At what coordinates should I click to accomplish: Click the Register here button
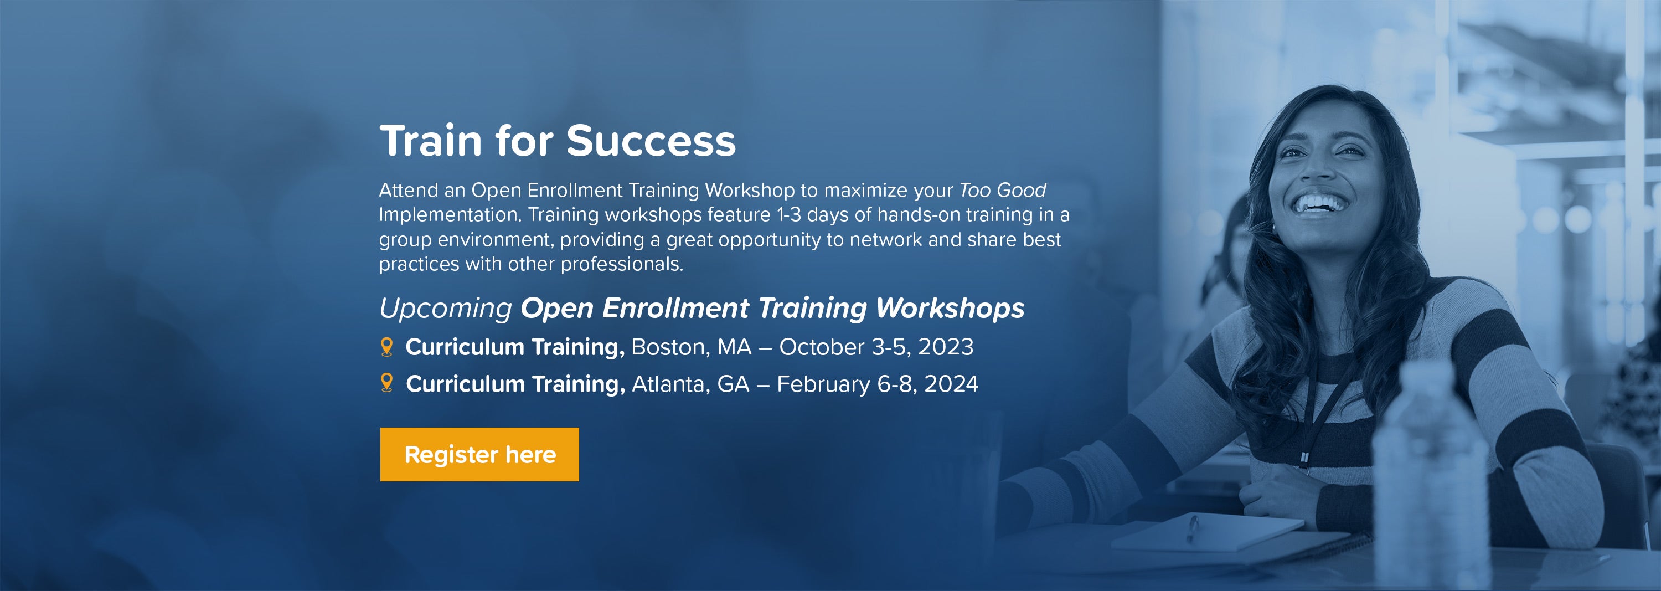pos(479,454)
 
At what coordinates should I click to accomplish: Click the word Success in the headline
pos(651,141)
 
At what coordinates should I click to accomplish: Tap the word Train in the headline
pos(430,141)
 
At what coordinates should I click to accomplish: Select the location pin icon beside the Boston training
pos(387,347)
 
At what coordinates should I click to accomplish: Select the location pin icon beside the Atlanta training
pos(387,383)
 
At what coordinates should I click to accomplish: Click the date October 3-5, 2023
pos(876,348)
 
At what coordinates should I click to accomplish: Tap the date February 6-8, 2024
pos(878,384)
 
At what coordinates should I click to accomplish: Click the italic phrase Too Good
pos(1003,191)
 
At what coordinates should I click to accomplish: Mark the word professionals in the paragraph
pos(622,264)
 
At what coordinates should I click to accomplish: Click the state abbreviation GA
pos(733,384)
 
